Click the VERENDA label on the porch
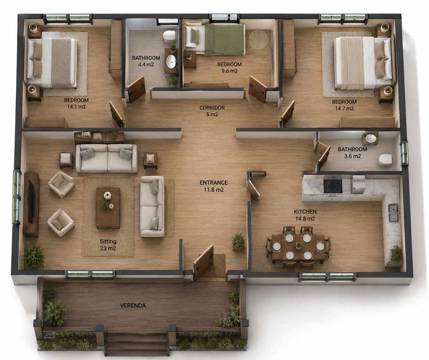(133, 305)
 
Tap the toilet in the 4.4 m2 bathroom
(169, 36)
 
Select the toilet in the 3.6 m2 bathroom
(385, 159)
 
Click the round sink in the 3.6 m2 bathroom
(370, 138)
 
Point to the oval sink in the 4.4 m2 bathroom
(172, 61)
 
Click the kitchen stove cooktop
(333, 186)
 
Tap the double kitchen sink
(394, 213)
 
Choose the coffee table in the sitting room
(108, 208)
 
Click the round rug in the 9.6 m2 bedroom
(259, 40)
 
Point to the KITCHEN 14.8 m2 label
(305, 215)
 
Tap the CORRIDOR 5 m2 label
(212, 111)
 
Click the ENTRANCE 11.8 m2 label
(213, 186)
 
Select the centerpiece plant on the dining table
(299, 245)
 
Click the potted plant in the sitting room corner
(33, 256)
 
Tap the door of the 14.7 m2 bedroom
(288, 113)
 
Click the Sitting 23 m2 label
(108, 245)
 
